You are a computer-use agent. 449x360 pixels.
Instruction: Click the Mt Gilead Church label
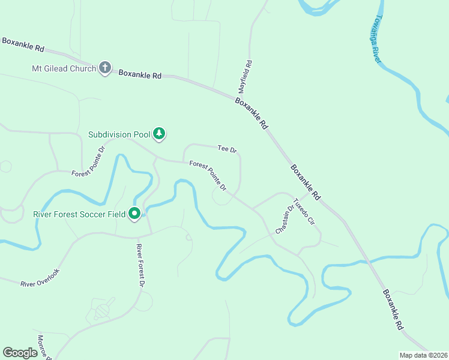coord(64,68)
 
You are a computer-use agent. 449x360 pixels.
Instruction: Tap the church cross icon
coord(105,67)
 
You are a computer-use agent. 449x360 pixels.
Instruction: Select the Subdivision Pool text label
coord(118,134)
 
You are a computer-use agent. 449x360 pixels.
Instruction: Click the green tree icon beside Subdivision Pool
coord(159,133)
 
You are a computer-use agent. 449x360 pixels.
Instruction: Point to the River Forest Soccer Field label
coord(80,214)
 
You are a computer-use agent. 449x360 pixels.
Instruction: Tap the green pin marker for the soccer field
coord(135,213)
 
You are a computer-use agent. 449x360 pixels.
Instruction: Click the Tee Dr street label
coord(228,148)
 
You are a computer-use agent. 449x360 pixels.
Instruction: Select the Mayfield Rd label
coord(249,74)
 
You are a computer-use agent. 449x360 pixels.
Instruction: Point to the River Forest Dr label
coord(140,265)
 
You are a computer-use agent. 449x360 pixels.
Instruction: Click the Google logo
coord(20,353)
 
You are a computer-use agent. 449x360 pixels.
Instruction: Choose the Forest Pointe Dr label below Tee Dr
coord(208,176)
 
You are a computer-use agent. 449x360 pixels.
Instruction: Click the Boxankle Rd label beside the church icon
coord(140,75)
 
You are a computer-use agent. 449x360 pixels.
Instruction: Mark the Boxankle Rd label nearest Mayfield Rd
coord(251,114)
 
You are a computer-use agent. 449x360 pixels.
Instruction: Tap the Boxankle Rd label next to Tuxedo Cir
coord(306,182)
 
